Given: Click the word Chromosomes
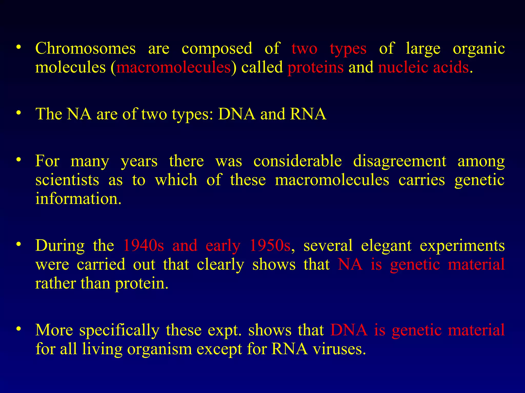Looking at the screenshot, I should (x=85, y=48).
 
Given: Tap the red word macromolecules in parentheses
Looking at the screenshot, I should (x=174, y=68).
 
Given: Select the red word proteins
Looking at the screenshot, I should (x=315, y=68).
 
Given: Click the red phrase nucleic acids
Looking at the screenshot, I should (x=423, y=68).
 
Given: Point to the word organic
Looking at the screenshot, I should (x=479, y=49).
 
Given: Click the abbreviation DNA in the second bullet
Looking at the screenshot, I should (x=237, y=114).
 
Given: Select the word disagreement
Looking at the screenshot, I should (x=400, y=161).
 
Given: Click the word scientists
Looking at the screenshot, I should (x=67, y=180).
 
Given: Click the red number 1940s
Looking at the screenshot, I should (x=143, y=245).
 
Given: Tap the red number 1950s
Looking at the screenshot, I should (x=270, y=245).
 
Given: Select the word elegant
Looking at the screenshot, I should (x=386, y=246).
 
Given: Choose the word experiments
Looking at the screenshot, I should (x=462, y=246).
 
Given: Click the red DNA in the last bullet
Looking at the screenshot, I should (x=349, y=330).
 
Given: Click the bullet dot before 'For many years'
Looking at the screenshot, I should (x=18, y=160).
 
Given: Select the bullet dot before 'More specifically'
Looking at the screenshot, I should (x=18, y=329).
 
